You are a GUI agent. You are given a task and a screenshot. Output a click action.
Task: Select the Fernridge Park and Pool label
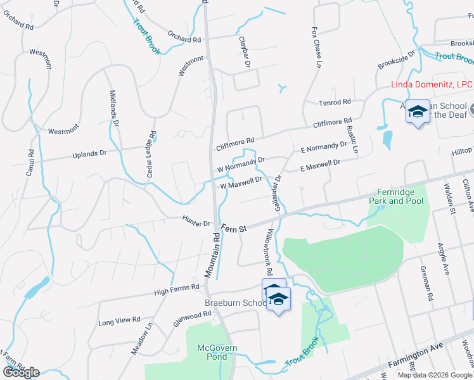point(396,196)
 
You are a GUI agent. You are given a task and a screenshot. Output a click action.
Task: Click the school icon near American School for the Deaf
point(418,112)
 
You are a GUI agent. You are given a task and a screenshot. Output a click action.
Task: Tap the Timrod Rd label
point(335,102)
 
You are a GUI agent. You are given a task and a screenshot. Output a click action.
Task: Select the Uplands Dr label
point(90,153)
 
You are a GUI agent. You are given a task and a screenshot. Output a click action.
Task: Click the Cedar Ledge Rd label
point(152,151)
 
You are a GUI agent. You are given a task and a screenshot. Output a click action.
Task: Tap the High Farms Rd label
point(177,290)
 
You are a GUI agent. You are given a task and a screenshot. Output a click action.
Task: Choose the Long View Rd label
point(119,321)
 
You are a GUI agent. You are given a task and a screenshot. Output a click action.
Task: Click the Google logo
point(21,372)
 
